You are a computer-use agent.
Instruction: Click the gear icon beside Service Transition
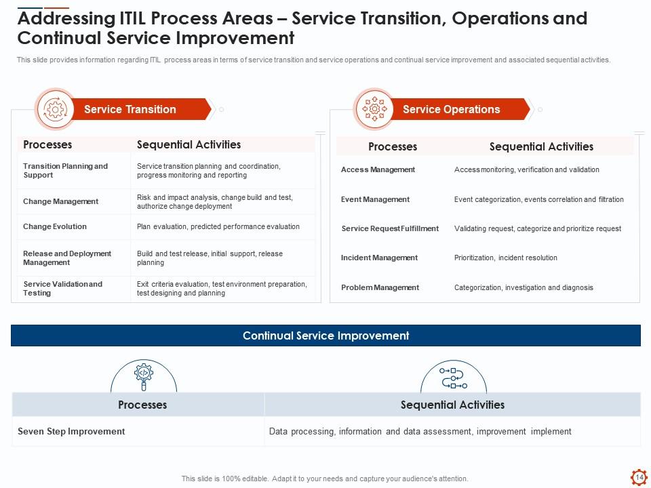[55, 109]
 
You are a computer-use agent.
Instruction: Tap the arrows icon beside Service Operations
[374, 109]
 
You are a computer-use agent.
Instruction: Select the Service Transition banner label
[130, 109]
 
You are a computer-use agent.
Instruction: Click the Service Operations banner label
[452, 109]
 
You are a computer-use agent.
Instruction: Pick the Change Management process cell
[60, 201]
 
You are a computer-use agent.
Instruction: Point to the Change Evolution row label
[55, 226]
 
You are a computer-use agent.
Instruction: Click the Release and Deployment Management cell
[67, 258]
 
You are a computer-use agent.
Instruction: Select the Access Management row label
[378, 169]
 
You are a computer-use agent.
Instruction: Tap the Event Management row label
[375, 199]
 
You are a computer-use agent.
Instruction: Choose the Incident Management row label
[380, 258]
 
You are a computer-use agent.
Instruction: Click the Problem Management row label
[380, 287]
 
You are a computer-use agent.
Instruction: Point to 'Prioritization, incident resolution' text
[506, 258]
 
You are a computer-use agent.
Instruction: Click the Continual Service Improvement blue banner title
[326, 335]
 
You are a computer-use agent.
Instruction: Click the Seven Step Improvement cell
[71, 432]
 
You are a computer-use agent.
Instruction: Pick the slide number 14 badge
[639, 477]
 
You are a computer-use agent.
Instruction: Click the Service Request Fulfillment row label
[390, 228]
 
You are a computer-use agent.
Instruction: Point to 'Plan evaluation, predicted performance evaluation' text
[218, 226]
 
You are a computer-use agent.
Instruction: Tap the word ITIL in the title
[132, 18]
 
